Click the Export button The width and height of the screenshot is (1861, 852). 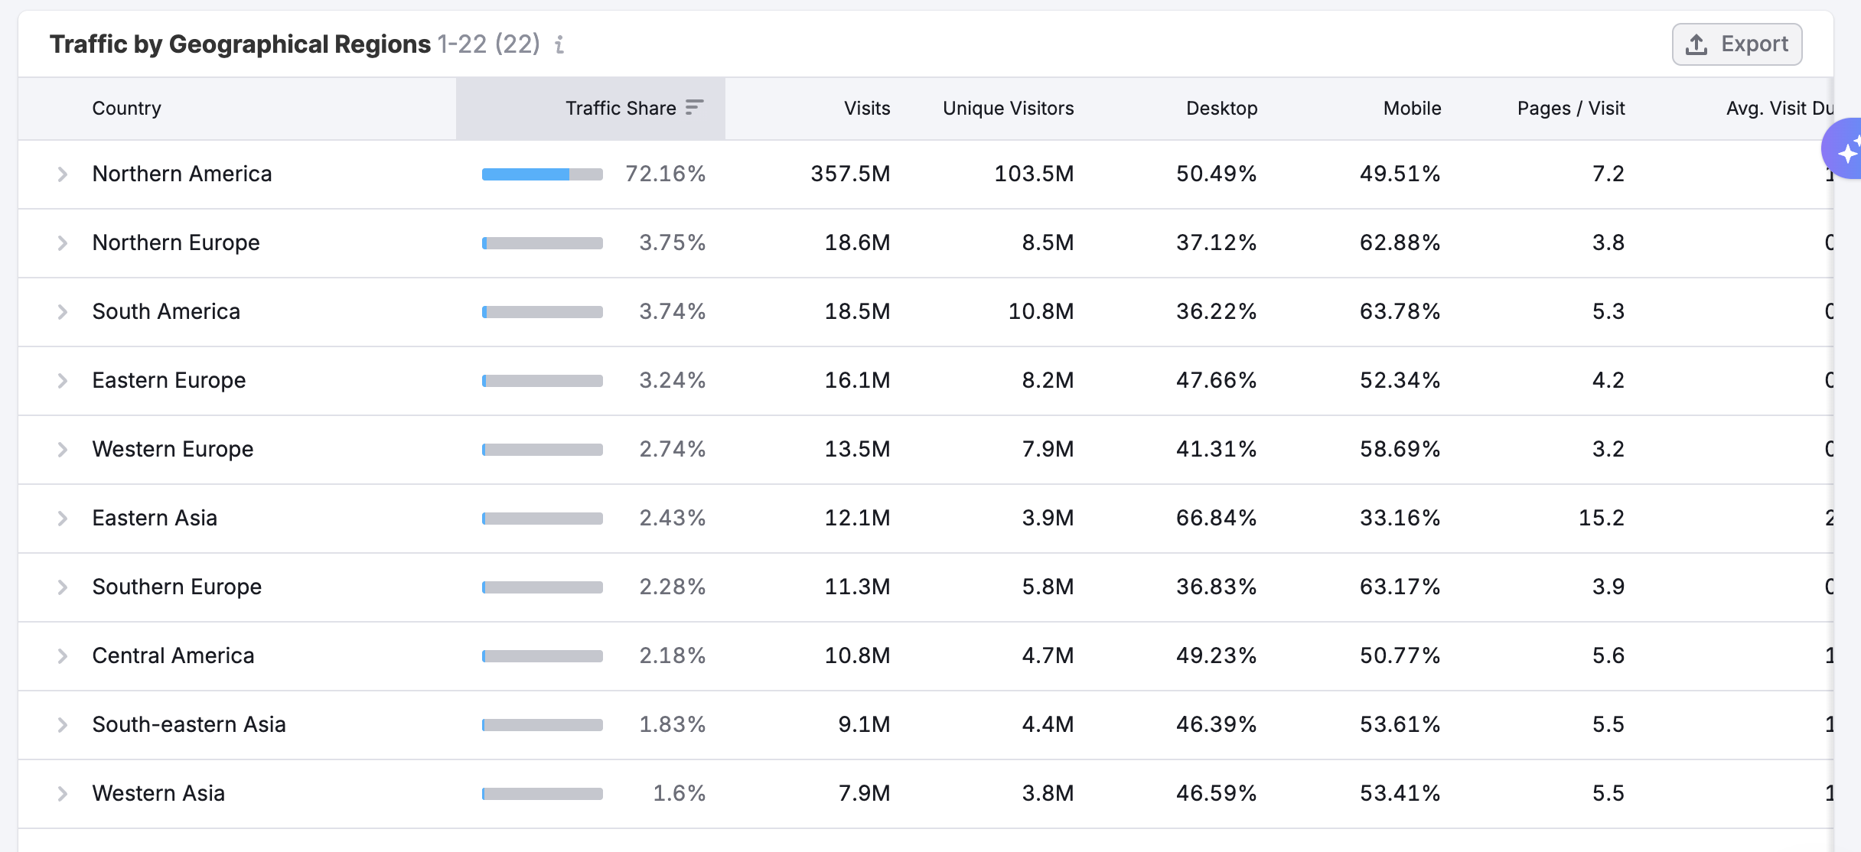tap(1736, 44)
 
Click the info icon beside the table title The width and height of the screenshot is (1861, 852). tap(559, 45)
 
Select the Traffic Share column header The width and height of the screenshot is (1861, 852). tap(621, 109)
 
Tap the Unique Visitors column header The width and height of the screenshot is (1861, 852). tap(1008, 109)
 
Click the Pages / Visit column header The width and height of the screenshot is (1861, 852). tap(1570, 109)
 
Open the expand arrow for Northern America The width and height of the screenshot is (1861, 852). tap(63, 174)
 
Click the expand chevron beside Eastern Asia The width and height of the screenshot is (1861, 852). tap(63, 519)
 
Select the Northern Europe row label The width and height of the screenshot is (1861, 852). tap(176, 243)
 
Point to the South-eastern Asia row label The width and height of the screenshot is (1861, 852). tap(189, 725)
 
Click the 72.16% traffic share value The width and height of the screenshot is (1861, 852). tap(665, 174)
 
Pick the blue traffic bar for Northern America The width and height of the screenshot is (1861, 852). tap(526, 174)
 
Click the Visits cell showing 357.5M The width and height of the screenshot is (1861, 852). tap(850, 174)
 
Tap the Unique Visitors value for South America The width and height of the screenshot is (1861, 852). tap(1041, 312)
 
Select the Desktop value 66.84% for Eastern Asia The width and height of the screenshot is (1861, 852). tap(1216, 519)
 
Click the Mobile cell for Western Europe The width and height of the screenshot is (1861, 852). tap(1400, 450)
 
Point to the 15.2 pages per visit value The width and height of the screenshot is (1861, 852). tap(1601, 519)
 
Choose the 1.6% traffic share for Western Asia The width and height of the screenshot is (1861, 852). tap(679, 794)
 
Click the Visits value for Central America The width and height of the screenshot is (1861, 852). tap(857, 656)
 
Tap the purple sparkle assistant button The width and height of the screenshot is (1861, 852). tap(1846, 150)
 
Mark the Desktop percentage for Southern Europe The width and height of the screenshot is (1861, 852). tap(1216, 587)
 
